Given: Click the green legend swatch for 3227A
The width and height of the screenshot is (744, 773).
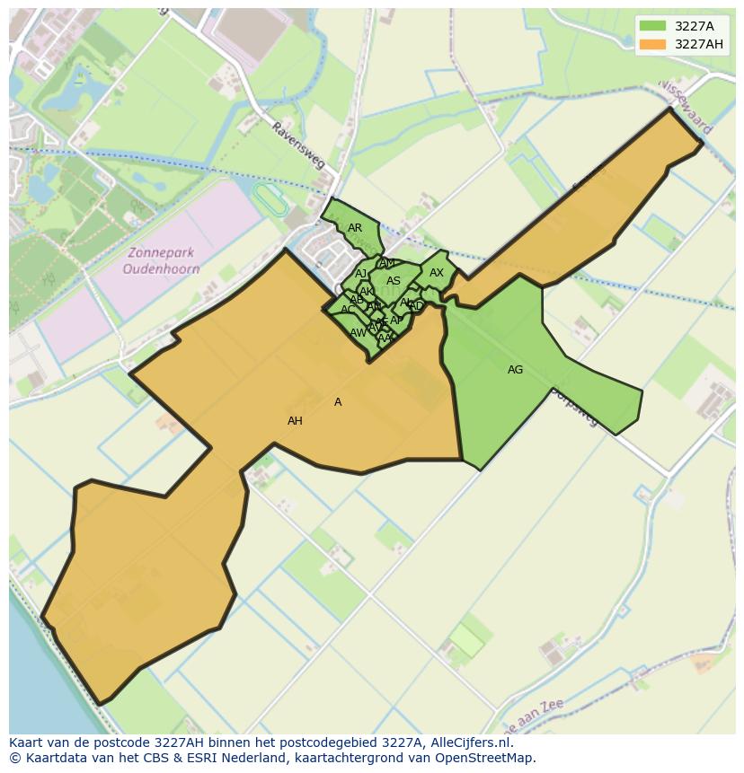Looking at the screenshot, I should click(x=654, y=27).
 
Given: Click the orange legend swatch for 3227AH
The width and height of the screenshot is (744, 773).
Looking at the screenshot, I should click(x=654, y=44).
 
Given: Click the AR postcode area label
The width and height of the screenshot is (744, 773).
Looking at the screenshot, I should click(x=355, y=228).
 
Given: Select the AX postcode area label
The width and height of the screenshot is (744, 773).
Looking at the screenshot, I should click(x=437, y=273).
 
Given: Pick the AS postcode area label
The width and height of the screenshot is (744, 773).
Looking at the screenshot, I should click(x=394, y=281).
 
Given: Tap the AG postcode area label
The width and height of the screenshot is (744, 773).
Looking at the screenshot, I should click(x=515, y=369).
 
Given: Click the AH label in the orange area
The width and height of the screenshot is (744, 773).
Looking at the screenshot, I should click(x=295, y=421).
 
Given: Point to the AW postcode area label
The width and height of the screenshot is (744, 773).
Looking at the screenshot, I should click(x=358, y=333).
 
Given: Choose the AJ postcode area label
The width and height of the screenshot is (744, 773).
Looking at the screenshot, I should click(x=361, y=274).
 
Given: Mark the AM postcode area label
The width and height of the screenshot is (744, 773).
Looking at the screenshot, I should click(x=387, y=263).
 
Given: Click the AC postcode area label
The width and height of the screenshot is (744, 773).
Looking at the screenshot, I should click(x=348, y=310).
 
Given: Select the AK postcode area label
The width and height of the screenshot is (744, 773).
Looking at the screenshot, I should click(x=366, y=292).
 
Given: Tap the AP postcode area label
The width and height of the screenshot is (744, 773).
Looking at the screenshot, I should click(x=396, y=321).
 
